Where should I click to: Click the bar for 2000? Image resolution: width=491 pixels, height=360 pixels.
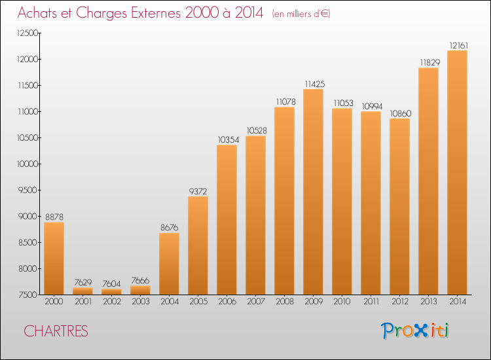point(54,259)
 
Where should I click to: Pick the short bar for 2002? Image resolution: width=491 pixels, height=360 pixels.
point(111,292)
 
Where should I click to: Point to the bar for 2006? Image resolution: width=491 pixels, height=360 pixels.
point(227,220)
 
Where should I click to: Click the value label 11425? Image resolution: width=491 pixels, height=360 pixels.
point(313,84)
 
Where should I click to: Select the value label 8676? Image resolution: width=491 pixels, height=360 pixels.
point(169,227)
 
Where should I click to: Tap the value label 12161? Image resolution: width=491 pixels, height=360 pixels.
point(457,45)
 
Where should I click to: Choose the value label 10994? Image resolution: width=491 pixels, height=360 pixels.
point(371,106)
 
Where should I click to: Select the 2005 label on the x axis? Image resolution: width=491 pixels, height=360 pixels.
point(198,302)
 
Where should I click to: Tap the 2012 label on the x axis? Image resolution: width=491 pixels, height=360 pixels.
point(399,302)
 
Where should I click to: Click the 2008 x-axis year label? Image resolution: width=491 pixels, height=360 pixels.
point(284,302)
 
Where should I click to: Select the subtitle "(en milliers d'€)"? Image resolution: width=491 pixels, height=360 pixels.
point(301,14)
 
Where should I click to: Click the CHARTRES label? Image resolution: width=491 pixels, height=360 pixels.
point(56,331)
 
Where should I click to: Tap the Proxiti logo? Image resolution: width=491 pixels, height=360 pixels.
point(416,331)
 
